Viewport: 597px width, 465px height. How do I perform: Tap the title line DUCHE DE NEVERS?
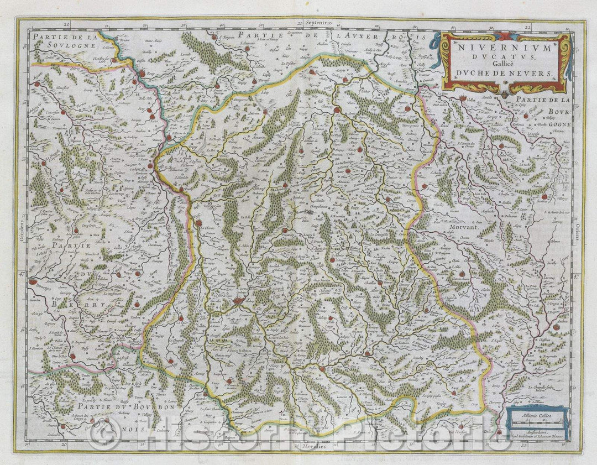(x=504, y=73)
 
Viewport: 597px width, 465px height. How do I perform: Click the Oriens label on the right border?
(x=575, y=233)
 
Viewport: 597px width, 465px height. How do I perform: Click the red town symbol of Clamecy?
(x=337, y=111)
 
